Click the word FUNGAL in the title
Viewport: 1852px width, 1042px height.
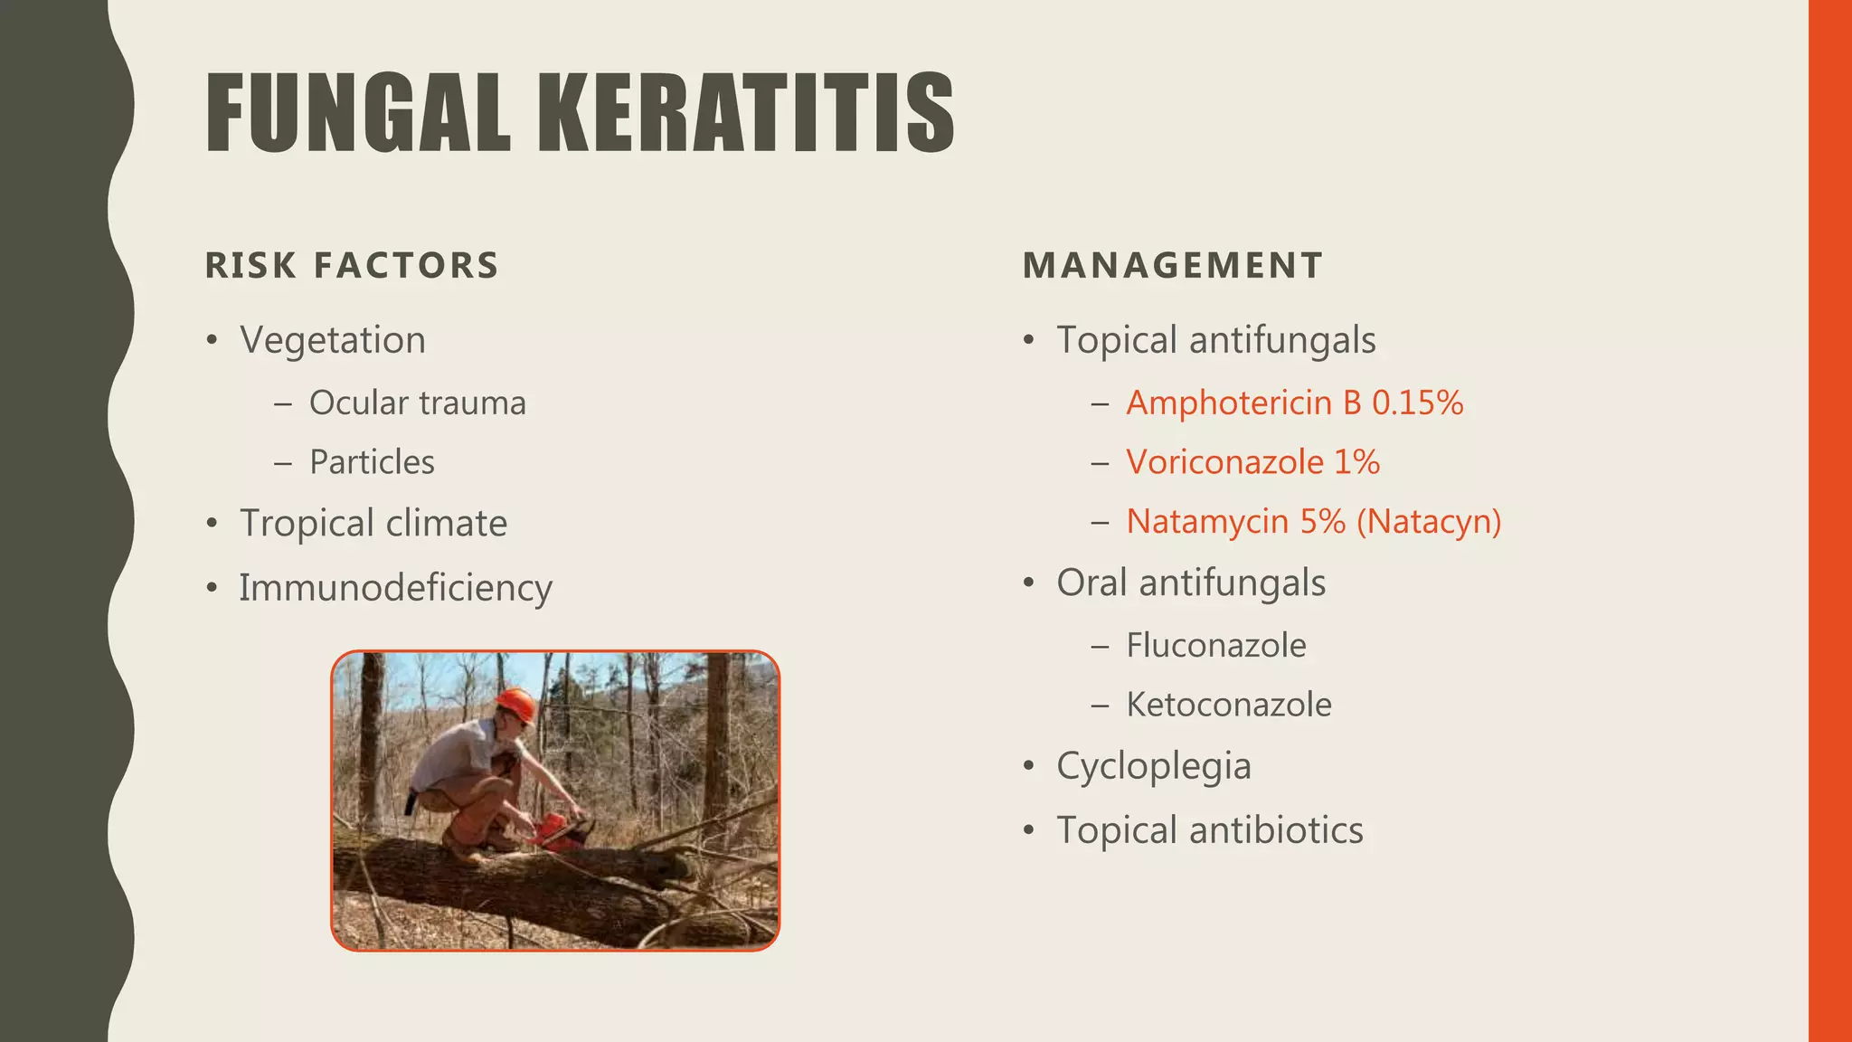358,113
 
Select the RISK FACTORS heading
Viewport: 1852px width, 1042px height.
352,266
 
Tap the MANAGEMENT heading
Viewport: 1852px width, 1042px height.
1173,266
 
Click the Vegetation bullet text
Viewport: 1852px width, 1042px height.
333,341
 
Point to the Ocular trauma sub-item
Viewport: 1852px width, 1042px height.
417,403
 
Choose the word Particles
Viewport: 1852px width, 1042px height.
372,462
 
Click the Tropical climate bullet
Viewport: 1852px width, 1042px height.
373,524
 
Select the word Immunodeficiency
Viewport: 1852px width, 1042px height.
395,588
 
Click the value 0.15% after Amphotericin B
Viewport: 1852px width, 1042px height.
1417,403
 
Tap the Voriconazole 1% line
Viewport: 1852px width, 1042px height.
1252,462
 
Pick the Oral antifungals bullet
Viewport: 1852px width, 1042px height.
1191,583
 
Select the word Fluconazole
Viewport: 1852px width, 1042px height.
1215,646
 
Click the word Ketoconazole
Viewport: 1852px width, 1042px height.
1228,705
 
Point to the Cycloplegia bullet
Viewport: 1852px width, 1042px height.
1154,767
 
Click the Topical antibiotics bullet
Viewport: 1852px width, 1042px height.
1209,830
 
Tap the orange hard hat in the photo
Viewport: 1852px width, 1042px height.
515,703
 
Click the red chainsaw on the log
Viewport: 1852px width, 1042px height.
553,831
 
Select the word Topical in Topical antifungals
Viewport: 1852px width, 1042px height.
1117,341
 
